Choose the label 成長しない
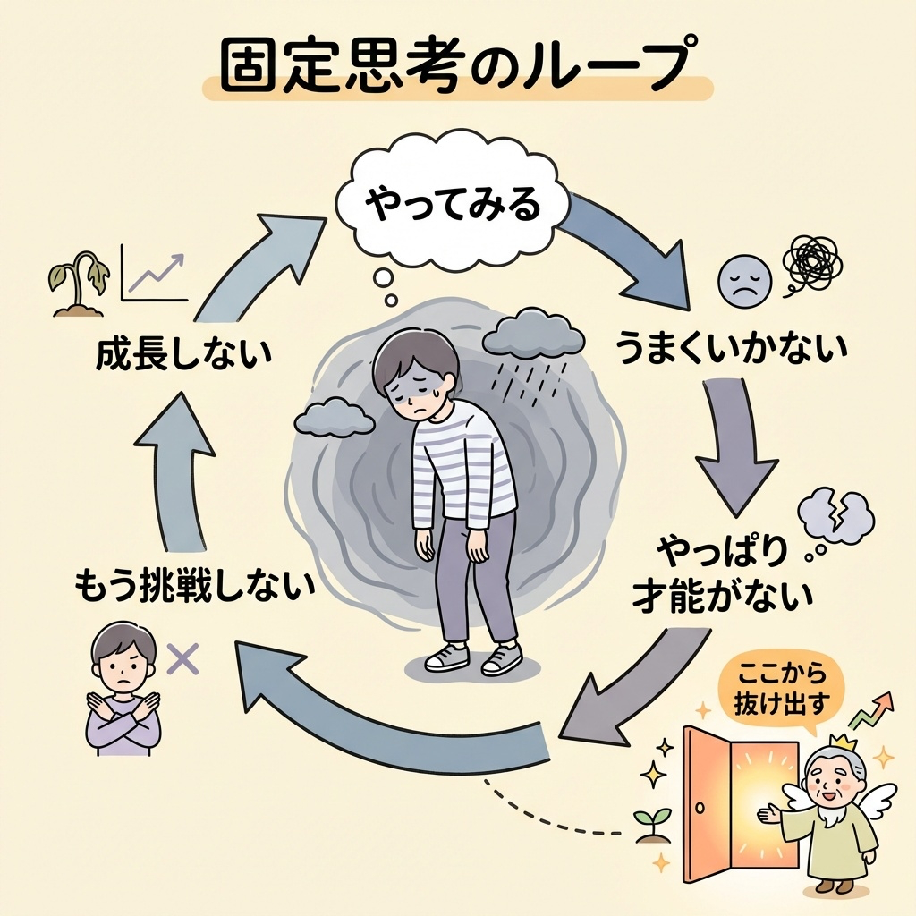point(182,355)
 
